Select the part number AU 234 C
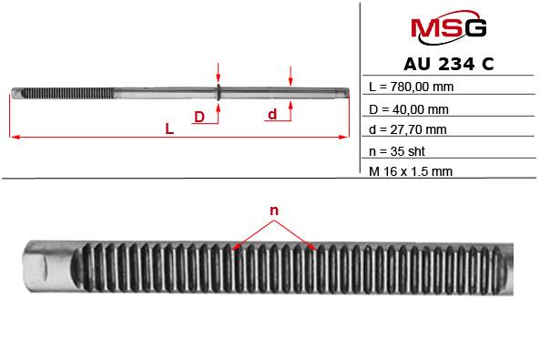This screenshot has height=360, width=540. pyautogui.click(x=448, y=65)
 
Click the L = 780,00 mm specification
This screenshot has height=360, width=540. pyautogui.click(x=412, y=87)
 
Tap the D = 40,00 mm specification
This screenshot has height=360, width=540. pyautogui.click(x=410, y=109)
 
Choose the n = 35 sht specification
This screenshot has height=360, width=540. pyautogui.click(x=400, y=151)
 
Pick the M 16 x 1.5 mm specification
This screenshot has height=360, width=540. pyautogui.click(x=412, y=171)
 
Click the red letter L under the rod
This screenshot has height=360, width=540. pyautogui.click(x=169, y=129)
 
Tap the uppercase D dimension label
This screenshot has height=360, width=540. pyautogui.click(x=199, y=116)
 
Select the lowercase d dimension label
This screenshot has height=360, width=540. pyautogui.click(x=271, y=114)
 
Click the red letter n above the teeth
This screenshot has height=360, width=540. pyautogui.click(x=273, y=211)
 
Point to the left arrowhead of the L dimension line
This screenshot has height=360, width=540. pyautogui.click(x=13, y=138)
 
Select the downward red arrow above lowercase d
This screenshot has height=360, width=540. pyautogui.click(x=290, y=77)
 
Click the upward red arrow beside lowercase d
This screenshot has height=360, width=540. pyautogui.click(x=290, y=107)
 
